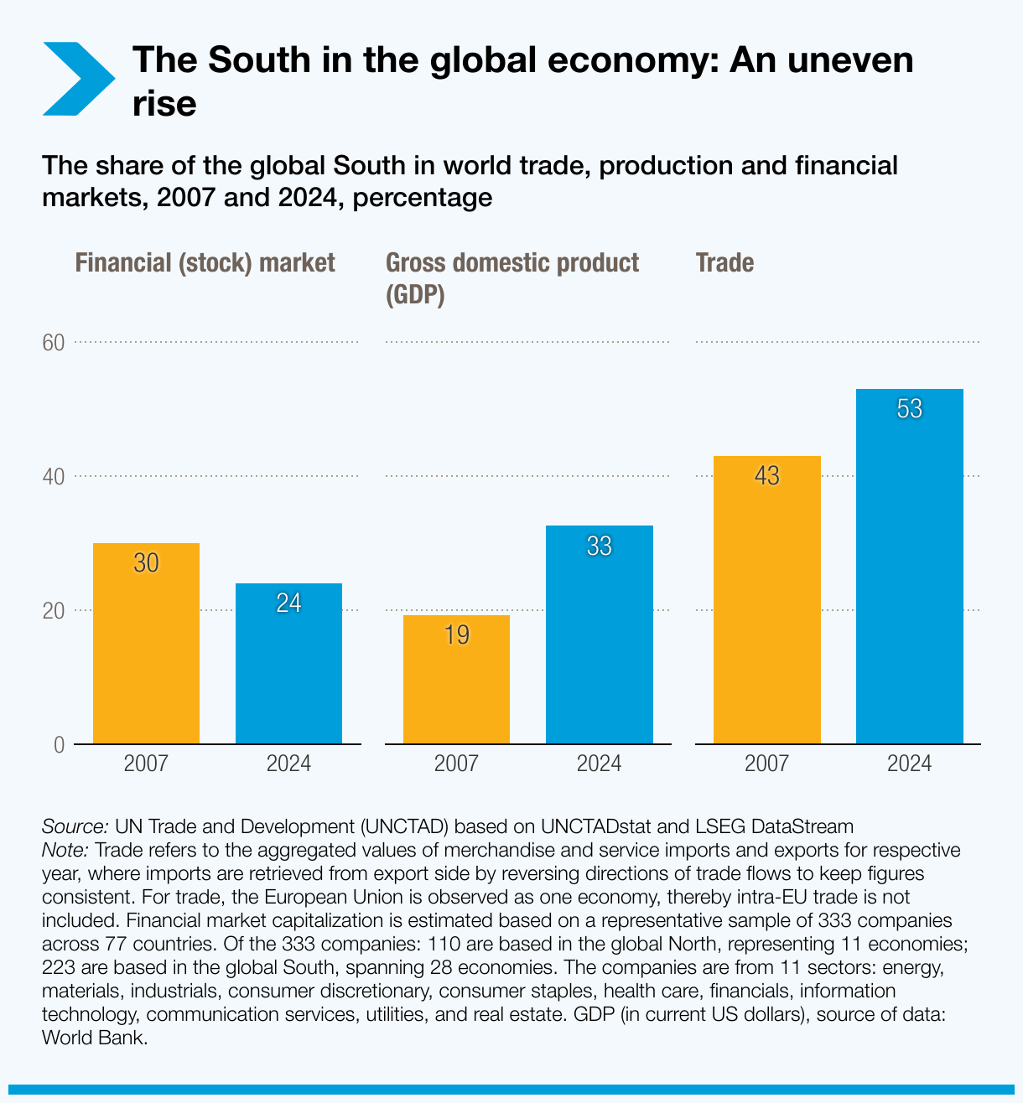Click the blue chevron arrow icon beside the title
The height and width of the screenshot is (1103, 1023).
click(80, 79)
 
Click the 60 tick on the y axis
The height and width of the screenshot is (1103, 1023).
click(54, 343)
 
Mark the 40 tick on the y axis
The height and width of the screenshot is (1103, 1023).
click(54, 477)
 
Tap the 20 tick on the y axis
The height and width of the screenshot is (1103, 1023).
click(54, 611)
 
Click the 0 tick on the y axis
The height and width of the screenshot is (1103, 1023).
click(59, 745)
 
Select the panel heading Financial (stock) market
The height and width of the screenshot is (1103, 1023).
click(205, 263)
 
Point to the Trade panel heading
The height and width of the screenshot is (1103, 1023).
click(724, 263)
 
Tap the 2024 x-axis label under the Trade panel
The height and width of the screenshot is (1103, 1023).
click(909, 764)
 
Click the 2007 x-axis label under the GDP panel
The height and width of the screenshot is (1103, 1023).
click(456, 764)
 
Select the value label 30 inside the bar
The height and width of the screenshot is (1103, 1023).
click(146, 563)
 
